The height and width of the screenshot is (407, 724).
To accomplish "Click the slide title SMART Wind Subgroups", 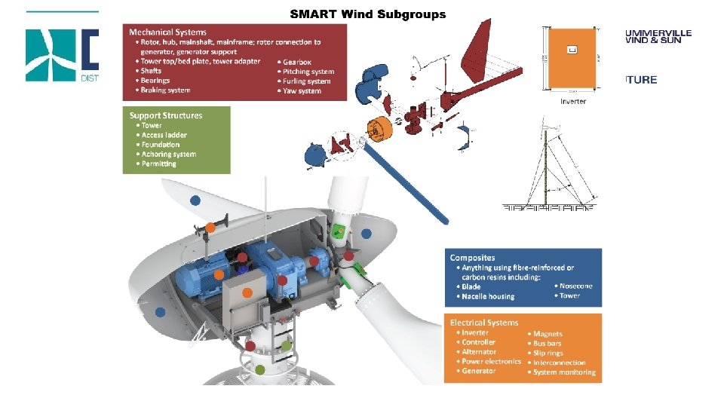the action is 368,14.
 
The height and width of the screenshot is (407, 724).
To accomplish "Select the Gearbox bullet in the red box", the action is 296,62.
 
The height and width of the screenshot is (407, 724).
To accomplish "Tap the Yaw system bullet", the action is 302,91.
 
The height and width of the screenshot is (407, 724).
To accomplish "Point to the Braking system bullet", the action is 165,90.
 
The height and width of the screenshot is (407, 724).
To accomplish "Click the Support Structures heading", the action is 166,115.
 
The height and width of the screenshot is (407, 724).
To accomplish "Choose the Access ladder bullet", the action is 164,135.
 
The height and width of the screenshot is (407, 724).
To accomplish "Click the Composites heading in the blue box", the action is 473,258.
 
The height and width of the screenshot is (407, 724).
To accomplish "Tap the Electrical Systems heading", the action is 483,322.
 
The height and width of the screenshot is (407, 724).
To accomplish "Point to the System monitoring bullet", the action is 564,372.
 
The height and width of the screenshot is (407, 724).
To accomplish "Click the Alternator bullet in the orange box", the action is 479,352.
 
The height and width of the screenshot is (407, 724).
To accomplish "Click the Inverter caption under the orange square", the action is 573,102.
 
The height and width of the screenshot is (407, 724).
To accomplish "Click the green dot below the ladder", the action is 259,369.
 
